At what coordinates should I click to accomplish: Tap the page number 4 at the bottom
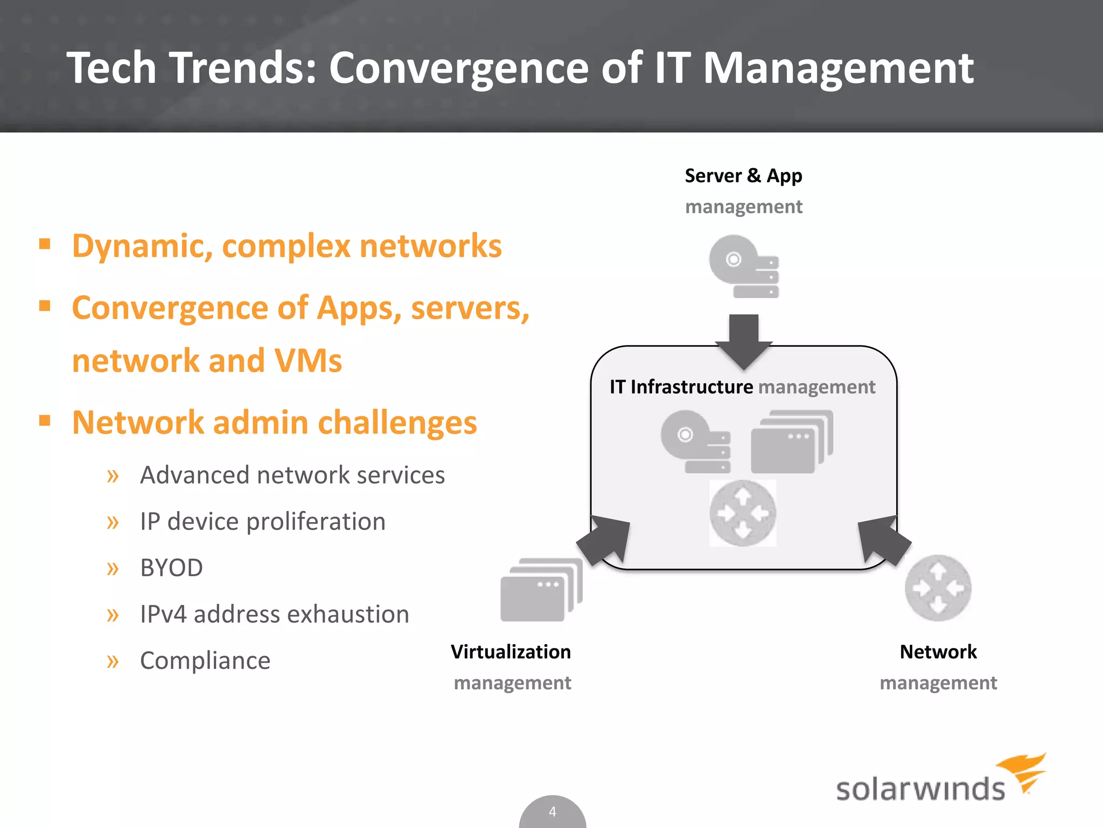coord(552,811)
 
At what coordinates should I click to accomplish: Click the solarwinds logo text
coord(920,789)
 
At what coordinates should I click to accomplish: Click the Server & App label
coord(743,176)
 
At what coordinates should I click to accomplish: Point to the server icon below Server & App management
coord(744,266)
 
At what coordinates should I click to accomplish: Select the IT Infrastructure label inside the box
coord(681,387)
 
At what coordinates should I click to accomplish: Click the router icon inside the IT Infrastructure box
coord(743,513)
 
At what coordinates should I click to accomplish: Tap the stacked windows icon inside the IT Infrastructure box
coord(791,443)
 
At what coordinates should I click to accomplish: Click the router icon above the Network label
coord(938,588)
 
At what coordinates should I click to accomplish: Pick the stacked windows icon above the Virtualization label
coord(541,590)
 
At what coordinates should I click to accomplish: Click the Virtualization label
coord(511,652)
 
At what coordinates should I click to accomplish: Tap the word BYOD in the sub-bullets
coord(171,568)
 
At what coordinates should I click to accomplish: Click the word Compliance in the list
coord(205,660)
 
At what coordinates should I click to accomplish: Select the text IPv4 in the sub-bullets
coord(163,614)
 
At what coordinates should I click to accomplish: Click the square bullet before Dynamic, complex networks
coord(45,244)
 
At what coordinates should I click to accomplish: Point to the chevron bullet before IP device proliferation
coord(113,522)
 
